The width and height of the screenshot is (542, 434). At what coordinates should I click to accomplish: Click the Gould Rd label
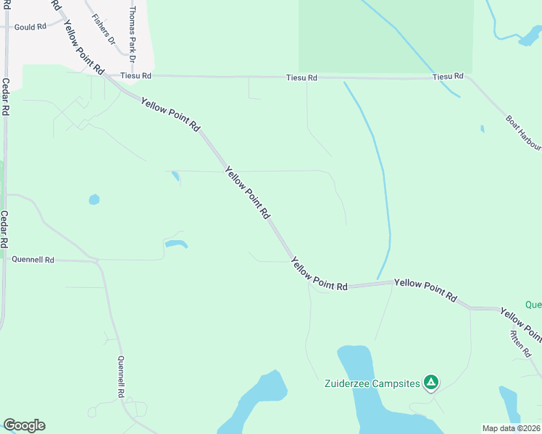point(30,26)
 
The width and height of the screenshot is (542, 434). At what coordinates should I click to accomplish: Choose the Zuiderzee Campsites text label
point(372,383)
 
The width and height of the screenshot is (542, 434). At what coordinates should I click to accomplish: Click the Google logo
point(24,425)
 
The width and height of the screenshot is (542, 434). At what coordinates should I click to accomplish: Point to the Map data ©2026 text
point(511,428)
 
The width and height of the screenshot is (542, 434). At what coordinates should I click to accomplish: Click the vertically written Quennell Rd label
point(121,377)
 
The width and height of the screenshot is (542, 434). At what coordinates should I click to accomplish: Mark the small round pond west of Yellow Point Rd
point(94,199)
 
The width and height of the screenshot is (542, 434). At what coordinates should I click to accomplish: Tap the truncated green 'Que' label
point(533,305)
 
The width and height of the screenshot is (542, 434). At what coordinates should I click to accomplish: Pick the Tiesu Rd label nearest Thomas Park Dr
point(136,75)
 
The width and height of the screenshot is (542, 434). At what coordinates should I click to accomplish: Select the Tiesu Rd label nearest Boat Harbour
point(447,77)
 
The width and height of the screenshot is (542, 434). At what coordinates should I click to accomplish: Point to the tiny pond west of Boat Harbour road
point(482,129)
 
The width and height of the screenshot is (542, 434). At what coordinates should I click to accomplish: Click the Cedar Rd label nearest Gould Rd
point(5,97)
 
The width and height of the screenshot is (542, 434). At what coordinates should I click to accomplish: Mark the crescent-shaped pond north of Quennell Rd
point(176,243)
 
